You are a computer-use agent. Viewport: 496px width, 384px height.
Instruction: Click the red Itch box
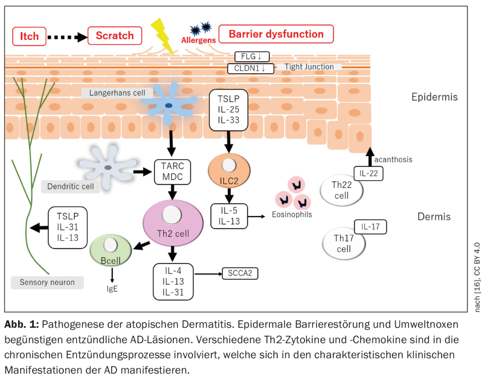30,36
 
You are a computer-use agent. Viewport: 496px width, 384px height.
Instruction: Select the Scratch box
114,36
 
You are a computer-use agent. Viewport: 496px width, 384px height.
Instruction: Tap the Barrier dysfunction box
276,34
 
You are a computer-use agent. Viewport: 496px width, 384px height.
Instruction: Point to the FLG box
254,57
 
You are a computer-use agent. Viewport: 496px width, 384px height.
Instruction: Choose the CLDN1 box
251,68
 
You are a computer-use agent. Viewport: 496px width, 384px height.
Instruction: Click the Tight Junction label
309,67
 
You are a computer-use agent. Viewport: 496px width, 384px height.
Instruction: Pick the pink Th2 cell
172,223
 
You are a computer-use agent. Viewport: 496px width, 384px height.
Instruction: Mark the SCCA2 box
240,273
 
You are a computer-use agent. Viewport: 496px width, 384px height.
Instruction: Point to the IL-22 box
368,173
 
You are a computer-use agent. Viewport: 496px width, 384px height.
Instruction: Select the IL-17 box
370,227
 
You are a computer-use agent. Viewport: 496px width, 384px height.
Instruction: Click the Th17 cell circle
344,244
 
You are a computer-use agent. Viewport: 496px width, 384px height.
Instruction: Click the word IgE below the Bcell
112,289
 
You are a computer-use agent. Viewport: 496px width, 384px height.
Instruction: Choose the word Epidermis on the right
434,97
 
